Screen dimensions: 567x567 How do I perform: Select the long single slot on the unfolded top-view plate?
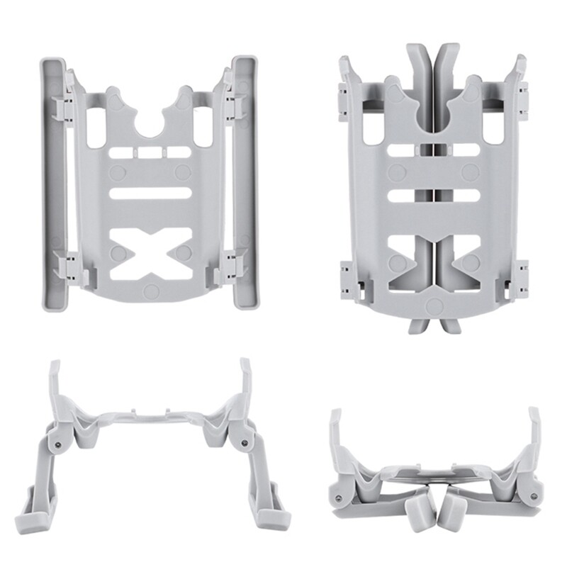(x=150, y=193)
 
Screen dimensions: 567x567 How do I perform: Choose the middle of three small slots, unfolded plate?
(x=150, y=152)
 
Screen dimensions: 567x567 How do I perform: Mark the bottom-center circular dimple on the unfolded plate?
(x=150, y=291)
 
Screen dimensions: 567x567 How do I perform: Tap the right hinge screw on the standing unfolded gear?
(x=244, y=442)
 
